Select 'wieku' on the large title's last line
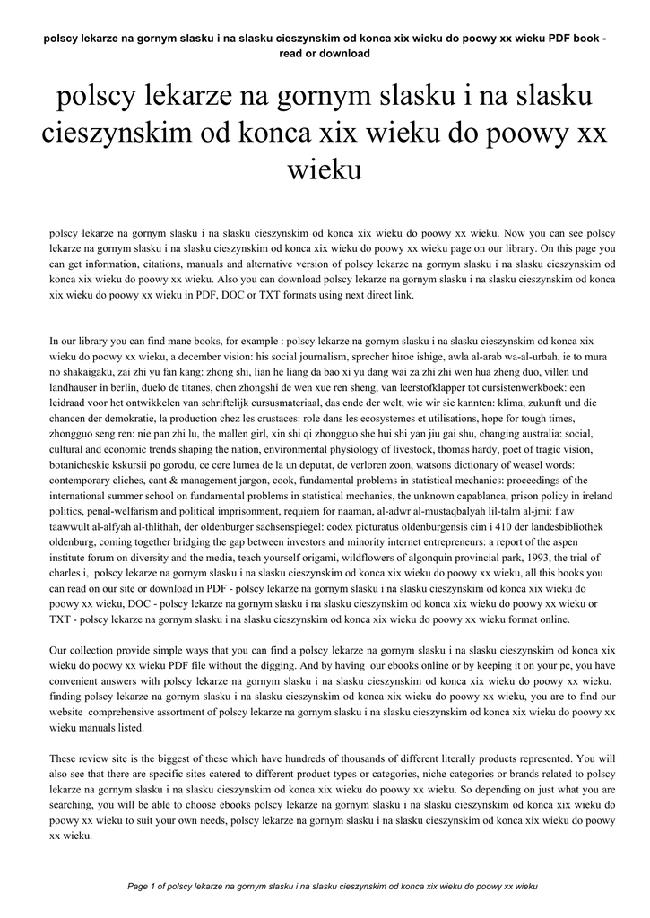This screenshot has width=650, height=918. click(325, 168)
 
